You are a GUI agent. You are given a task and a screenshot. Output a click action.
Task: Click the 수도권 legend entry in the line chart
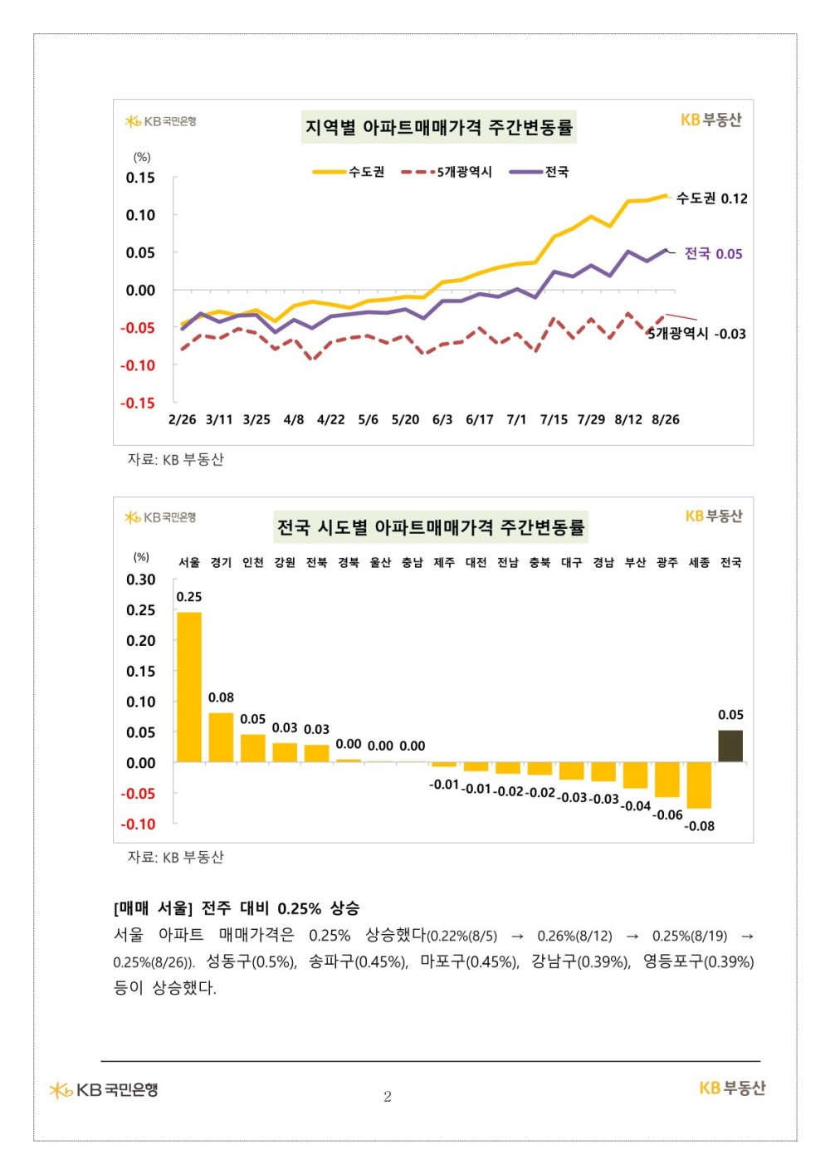[349, 172]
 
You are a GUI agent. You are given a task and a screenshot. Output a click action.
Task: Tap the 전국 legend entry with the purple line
[539, 172]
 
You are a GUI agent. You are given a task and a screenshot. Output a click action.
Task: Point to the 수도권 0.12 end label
[711, 198]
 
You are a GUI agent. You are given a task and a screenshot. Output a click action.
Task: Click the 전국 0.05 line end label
[713, 254]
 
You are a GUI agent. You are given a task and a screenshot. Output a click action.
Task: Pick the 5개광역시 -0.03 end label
[697, 334]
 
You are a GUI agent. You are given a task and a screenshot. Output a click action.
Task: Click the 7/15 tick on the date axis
[554, 419]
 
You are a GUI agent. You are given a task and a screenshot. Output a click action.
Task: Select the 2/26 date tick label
[182, 419]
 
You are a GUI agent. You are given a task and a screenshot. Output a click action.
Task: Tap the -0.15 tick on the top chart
[139, 404]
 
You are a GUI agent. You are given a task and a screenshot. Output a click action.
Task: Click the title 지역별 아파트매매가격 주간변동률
[438, 128]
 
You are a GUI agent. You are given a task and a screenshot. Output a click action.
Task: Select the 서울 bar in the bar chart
[189, 687]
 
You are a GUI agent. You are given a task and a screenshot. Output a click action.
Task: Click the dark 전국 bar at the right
[730, 746]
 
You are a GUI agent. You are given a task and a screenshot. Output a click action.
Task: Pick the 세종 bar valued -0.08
[699, 785]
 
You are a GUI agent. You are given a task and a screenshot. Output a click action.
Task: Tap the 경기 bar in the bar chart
[221, 736]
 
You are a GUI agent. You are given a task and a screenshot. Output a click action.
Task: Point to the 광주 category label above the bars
[666, 563]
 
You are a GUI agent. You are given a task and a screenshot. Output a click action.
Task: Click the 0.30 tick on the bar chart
[140, 580]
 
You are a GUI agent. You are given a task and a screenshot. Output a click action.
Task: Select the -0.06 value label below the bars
[667, 815]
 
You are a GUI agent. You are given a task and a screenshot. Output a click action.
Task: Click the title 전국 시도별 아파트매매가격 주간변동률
[431, 527]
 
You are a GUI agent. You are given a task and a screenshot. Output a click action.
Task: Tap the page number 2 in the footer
[388, 1097]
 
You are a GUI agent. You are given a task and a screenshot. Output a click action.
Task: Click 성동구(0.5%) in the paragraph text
[251, 961]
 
